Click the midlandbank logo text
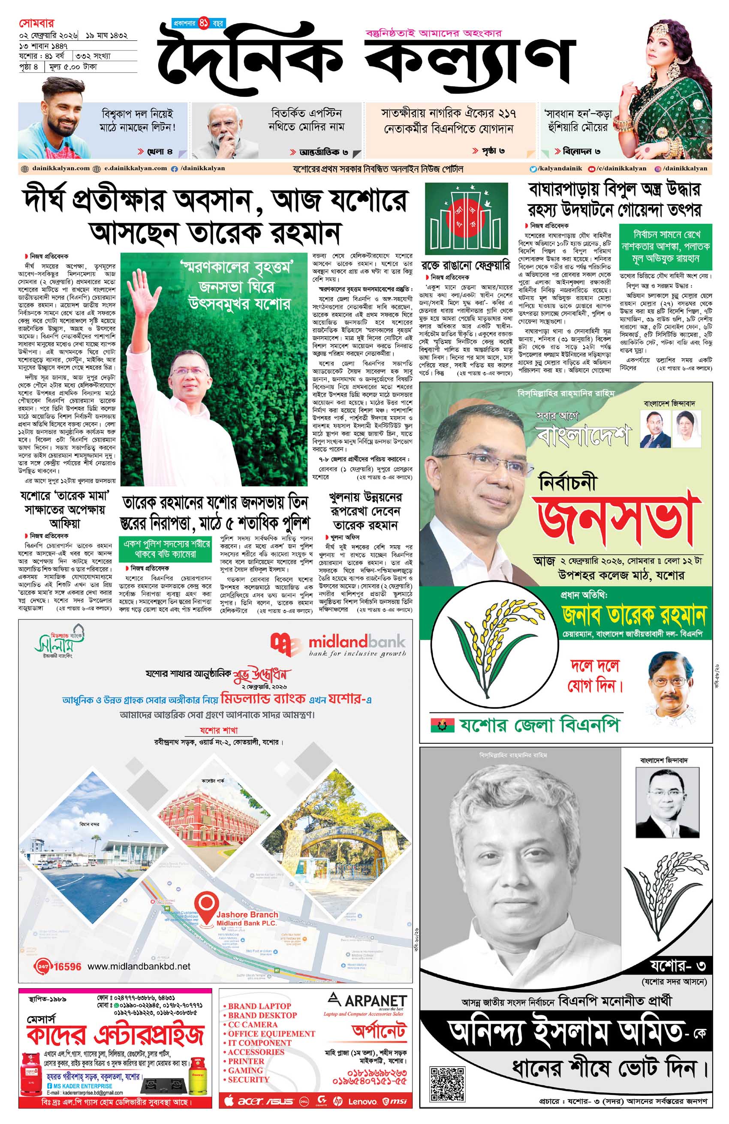click(356, 642)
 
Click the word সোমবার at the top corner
click(37, 23)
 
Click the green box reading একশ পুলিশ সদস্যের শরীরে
click(166, 548)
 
